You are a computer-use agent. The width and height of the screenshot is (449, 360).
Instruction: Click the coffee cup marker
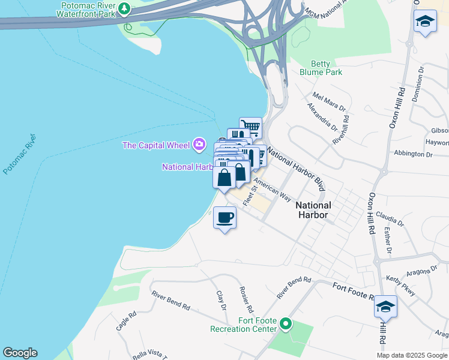(x=224, y=217)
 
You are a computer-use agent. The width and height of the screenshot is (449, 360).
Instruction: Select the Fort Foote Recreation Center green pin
(x=286, y=325)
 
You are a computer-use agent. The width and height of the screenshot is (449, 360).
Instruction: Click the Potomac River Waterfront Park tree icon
(x=124, y=8)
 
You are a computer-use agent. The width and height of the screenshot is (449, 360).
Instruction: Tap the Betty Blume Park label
(x=326, y=68)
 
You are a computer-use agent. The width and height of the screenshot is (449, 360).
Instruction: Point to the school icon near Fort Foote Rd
(x=385, y=307)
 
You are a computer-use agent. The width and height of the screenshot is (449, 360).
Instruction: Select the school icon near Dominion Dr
(x=425, y=22)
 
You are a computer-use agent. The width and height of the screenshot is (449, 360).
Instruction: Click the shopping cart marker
(x=251, y=127)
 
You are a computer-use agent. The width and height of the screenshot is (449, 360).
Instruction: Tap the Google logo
(x=20, y=353)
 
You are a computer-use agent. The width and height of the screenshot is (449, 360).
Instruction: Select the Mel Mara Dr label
(x=329, y=101)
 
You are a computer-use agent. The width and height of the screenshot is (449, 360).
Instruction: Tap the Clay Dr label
(x=221, y=301)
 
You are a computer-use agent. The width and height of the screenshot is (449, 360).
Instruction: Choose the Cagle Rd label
(x=123, y=323)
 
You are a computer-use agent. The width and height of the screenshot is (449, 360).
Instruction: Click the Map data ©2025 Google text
(x=412, y=355)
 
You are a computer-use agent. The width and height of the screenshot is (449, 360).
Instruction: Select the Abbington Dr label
(x=412, y=154)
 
